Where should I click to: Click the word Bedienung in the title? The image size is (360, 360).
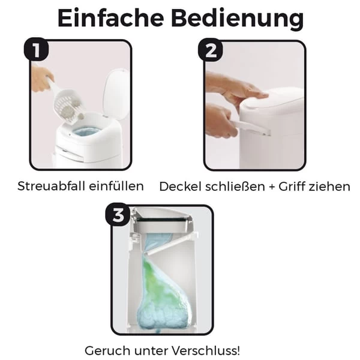point(236,19)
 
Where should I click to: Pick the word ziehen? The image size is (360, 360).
point(331,187)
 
